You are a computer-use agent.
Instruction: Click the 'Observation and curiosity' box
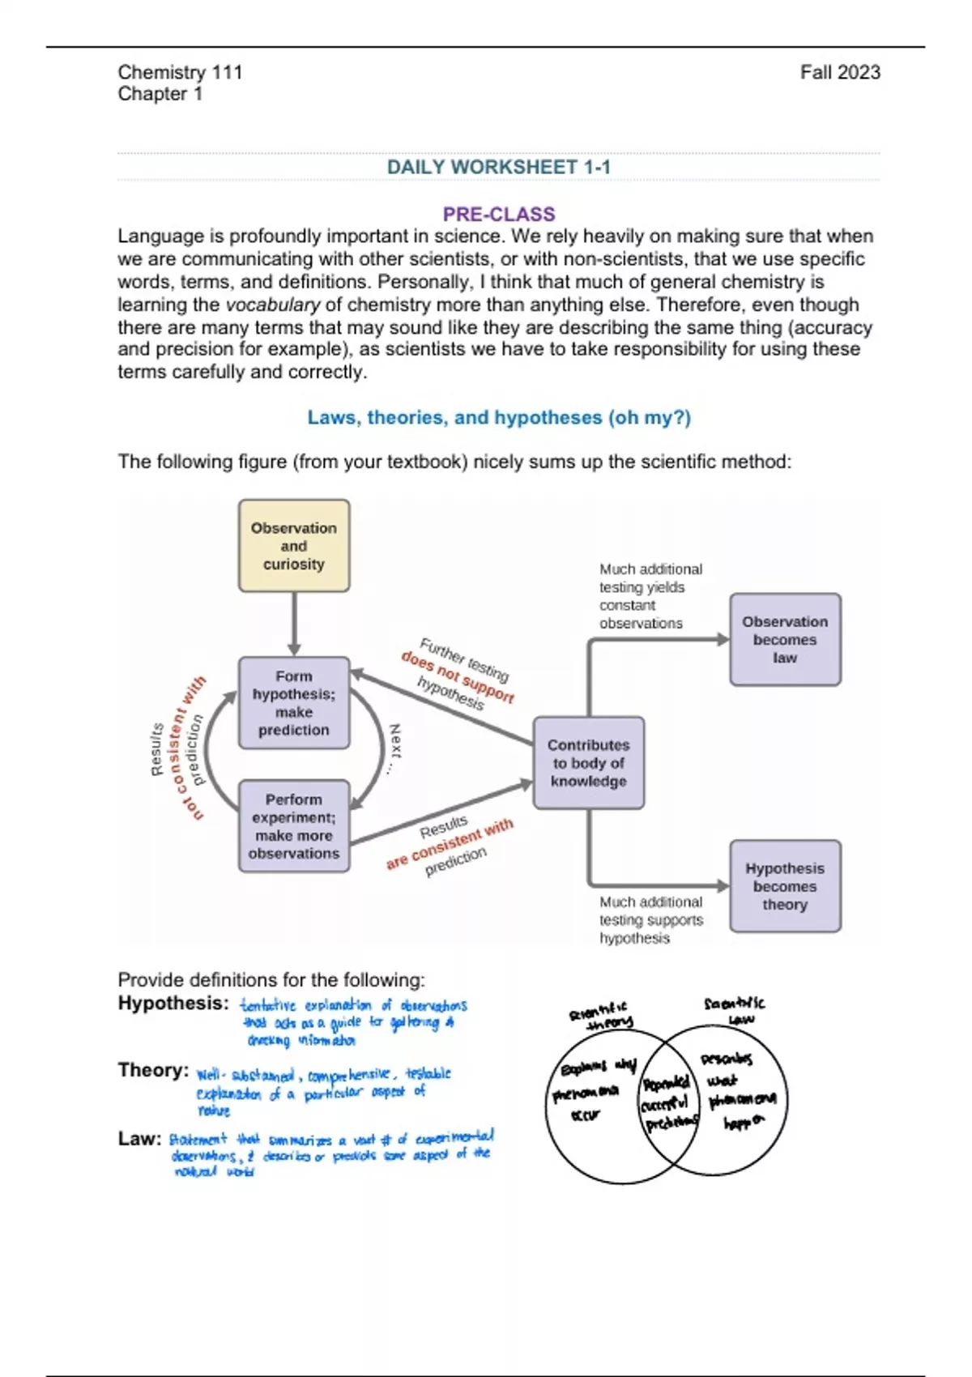[x=294, y=545]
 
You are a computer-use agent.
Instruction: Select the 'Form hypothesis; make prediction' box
[x=294, y=702]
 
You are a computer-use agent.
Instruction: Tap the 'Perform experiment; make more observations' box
[x=294, y=825]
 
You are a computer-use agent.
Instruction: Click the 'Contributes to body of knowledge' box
[x=589, y=762]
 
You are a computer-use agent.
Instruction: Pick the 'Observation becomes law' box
[x=785, y=639]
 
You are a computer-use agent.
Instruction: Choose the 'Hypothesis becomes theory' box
[x=785, y=885]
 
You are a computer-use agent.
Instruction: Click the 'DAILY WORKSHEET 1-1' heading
[x=498, y=167]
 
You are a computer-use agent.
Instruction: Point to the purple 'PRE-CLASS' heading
[x=498, y=214]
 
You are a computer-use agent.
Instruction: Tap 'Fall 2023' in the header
[x=840, y=72]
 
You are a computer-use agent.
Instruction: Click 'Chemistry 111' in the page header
[x=180, y=72]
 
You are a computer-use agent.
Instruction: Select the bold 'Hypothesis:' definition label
[x=173, y=1003]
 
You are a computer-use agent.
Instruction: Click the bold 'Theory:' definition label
[x=153, y=1070]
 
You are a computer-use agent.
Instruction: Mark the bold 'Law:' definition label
[x=139, y=1138]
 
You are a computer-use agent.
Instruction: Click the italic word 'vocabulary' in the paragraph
[x=273, y=305]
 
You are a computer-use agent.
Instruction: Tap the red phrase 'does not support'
[x=458, y=676]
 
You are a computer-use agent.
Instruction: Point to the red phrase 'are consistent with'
[x=450, y=843]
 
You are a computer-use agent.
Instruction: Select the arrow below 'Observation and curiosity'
[x=294, y=624]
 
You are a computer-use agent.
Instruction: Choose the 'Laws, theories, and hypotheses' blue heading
[x=498, y=417]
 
